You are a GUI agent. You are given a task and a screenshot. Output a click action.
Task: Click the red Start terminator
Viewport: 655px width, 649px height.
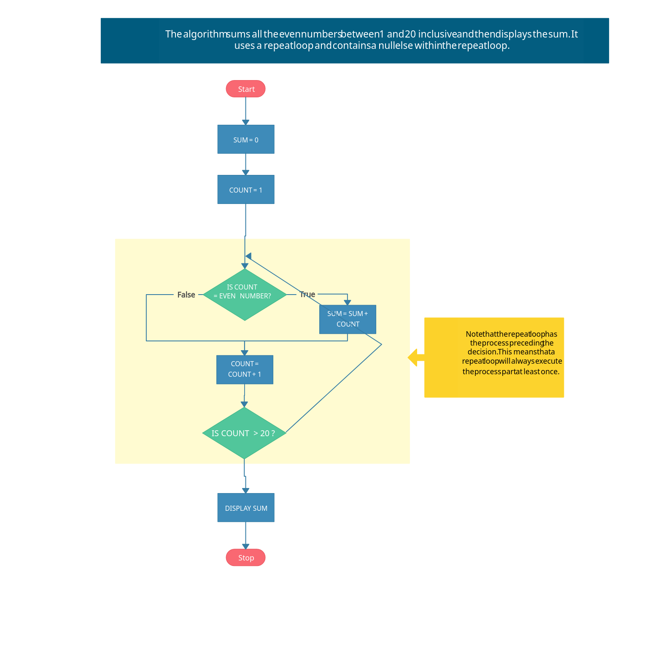pos(245,89)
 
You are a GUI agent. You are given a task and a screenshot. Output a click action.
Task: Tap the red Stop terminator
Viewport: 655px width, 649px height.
pos(245,558)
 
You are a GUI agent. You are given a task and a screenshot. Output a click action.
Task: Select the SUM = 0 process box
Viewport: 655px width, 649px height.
pos(246,139)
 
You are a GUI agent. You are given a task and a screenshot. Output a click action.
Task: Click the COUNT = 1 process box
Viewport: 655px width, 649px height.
pos(246,190)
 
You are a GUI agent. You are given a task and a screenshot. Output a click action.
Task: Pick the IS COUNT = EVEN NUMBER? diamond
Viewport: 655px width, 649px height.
pos(245,295)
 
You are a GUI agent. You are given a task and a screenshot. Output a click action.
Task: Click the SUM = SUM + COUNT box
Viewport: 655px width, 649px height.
pos(348,319)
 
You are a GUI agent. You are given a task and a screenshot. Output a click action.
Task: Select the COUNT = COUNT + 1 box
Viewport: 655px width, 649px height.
pos(245,370)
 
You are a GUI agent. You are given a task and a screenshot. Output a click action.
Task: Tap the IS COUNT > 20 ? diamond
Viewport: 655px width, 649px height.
pos(244,433)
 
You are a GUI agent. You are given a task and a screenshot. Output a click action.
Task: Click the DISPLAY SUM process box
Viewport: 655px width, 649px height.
pos(246,508)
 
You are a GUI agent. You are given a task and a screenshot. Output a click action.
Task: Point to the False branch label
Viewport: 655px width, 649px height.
pos(186,295)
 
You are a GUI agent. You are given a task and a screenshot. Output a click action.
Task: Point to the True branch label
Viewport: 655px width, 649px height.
pos(307,294)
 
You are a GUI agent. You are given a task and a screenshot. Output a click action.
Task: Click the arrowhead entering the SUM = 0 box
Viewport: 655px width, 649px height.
pos(245,122)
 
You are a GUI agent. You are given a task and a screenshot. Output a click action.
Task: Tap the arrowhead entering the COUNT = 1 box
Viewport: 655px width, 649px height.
pos(245,172)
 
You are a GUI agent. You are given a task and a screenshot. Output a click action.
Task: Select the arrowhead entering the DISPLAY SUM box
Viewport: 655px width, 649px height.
pos(245,491)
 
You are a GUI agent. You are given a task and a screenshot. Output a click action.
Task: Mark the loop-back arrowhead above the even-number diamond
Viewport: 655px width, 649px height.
pos(248,256)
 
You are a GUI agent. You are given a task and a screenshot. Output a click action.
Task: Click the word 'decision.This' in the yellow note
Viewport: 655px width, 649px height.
pos(482,352)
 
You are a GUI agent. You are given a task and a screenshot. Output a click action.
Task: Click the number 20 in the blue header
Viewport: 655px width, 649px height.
pos(410,34)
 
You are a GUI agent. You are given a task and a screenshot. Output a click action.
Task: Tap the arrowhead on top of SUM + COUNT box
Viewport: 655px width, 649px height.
pos(347,302)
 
